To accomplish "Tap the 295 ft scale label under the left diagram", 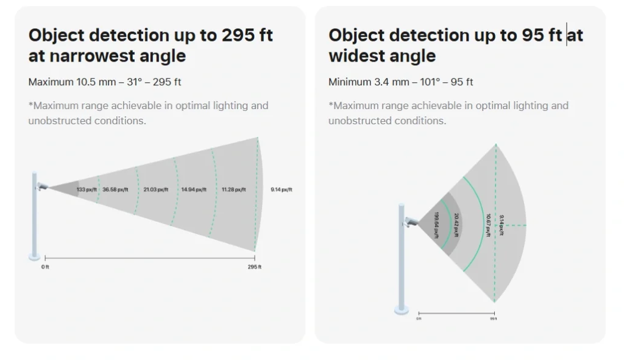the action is tap(254, 267).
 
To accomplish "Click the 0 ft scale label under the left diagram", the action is tap(45, 267).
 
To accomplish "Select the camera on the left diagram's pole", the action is tap(41, 186).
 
